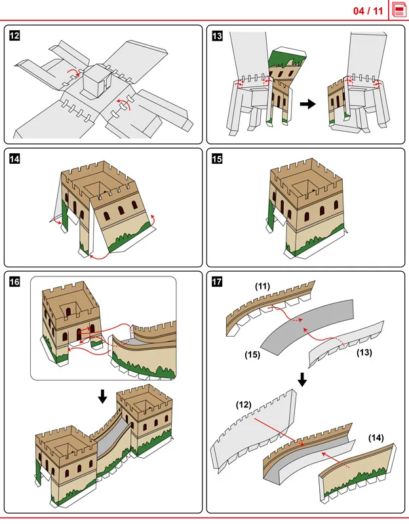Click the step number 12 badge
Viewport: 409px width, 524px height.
tap(14, 36)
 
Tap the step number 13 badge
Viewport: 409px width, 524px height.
tap(218, 36)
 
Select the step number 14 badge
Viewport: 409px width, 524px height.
tap(14, 158)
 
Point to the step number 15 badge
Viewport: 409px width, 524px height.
tap(218, 158)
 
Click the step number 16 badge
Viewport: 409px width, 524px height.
tap(14, 282)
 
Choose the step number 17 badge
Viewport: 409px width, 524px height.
tap(218, 282)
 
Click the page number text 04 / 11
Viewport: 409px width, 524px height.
tap(368, 10)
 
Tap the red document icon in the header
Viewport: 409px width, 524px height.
tap(399, 10)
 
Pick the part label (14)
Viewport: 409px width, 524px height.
tap(376, 437)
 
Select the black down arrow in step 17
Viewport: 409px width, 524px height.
tap(302, 379)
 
